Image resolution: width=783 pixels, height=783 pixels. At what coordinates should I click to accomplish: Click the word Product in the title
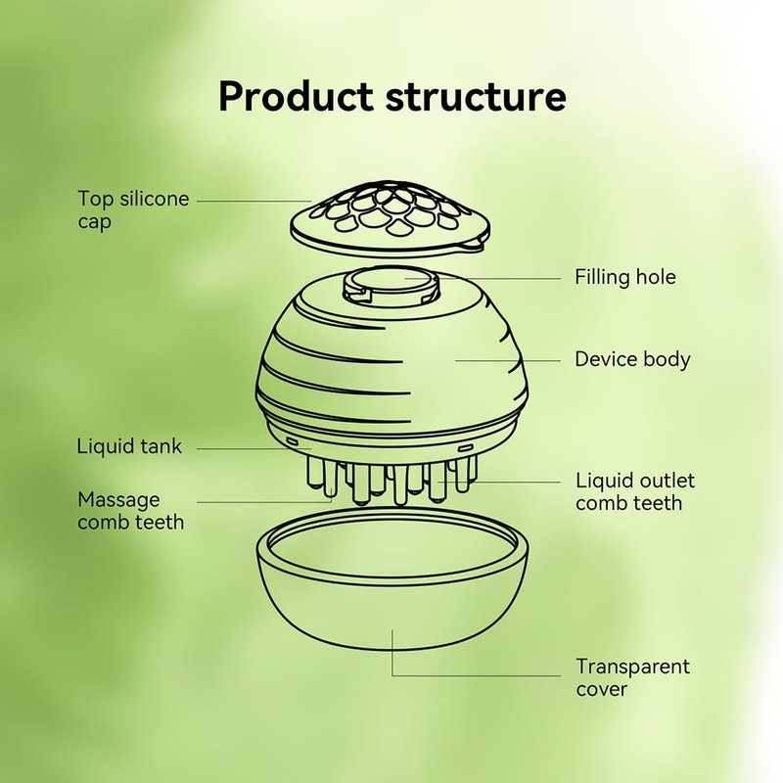point(297,98)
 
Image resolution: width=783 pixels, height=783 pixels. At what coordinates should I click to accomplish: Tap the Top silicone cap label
point(133,209)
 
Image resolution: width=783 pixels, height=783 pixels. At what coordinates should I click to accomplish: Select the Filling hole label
point(624,278)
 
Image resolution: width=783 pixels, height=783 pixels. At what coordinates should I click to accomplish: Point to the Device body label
point(632,359)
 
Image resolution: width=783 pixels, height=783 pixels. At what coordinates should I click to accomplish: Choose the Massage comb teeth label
point(130,511)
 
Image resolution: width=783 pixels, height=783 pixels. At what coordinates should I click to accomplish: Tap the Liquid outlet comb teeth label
point(635,491)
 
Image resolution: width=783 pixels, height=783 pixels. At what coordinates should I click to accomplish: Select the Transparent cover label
point(632,677)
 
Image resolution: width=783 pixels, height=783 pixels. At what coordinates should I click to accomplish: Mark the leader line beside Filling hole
point(499,278)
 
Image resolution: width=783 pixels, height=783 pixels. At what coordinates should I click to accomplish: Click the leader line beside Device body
point(509,359)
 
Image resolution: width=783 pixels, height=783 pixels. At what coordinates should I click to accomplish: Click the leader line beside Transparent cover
point(480,675)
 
